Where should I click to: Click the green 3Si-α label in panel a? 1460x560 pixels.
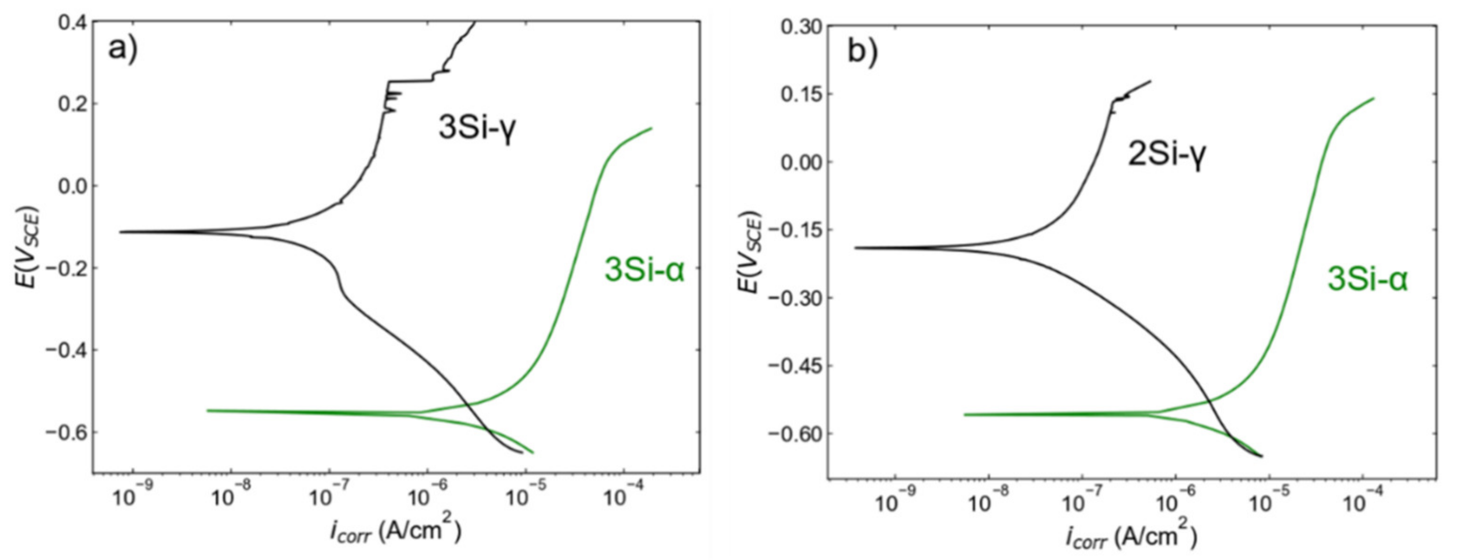tap(644, 270)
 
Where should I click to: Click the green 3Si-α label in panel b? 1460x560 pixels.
tap(1368, 279)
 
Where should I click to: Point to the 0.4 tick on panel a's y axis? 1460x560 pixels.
tap(72, 22)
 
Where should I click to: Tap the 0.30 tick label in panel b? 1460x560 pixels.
tap(799, 27)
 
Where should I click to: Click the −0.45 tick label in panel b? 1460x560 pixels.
tap(792, 366)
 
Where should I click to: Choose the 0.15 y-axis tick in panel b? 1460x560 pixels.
tap(799, 94)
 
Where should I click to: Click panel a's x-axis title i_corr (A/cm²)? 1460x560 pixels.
tap(395, 532)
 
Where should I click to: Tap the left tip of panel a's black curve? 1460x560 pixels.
tap(120, 232)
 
